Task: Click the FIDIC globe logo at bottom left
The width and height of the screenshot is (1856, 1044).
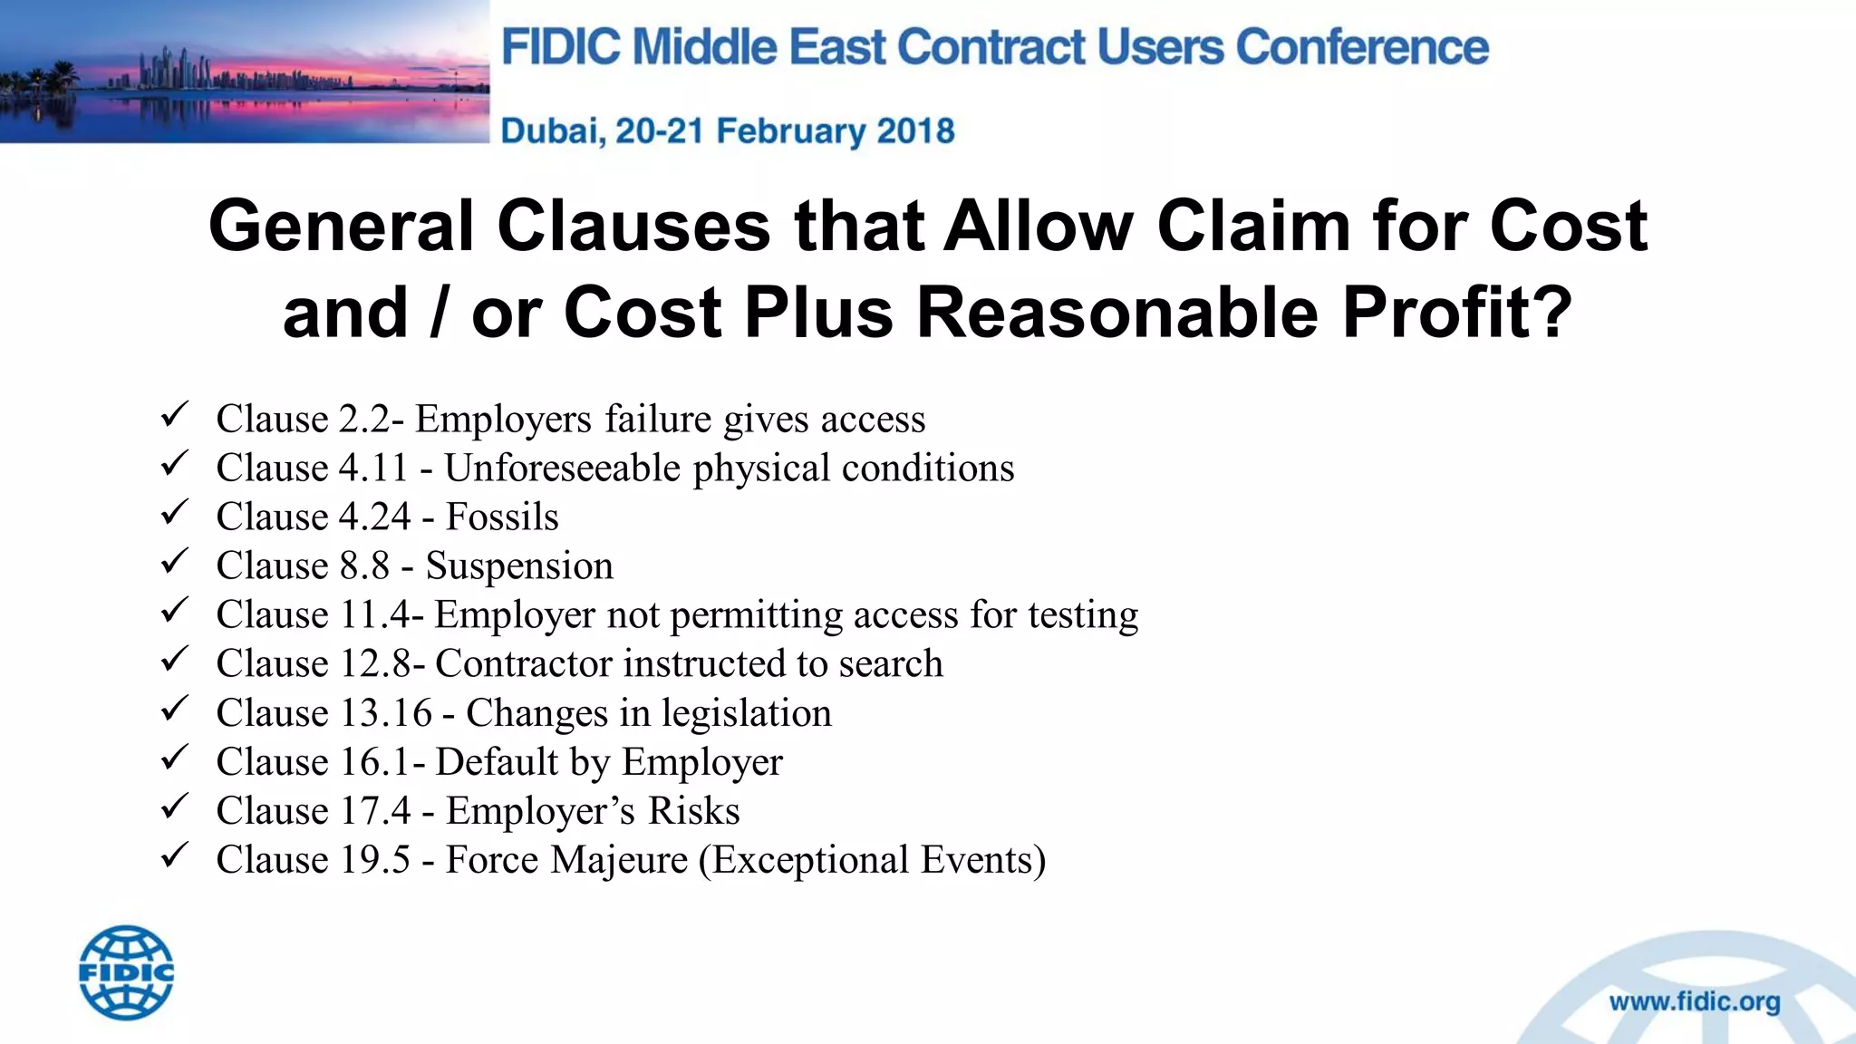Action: [127, 972]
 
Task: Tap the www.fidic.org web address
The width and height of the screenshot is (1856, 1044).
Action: [1695, 1002]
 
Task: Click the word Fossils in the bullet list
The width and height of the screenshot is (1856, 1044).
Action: [502, 517]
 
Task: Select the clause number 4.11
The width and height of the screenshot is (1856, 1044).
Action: [373, 469]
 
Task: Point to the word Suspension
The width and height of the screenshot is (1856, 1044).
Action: [519, 566]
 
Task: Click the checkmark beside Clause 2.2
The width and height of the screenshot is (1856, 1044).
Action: [173, 416]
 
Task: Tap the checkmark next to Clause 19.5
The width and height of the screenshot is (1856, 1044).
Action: [173, 856]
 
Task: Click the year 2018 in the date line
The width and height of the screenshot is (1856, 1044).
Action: [915, 131]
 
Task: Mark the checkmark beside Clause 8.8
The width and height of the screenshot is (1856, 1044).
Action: [173, 563]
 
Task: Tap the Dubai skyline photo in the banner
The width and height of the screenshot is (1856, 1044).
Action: [245, 72]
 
